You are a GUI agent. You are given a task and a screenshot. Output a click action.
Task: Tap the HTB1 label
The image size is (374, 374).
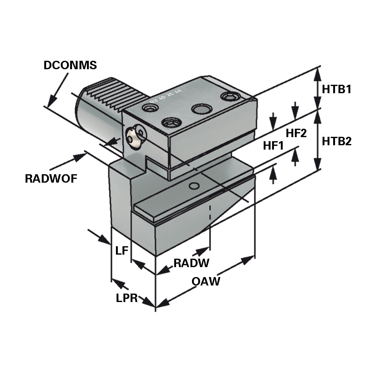point(337,89)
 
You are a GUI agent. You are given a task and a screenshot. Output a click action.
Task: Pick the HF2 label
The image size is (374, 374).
point(296,133)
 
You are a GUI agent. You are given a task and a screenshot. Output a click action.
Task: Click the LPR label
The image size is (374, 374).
point(127,298)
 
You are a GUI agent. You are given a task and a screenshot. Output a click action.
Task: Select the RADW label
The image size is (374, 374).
point(191,263)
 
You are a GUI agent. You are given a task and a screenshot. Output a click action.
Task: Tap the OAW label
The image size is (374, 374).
point(206,281)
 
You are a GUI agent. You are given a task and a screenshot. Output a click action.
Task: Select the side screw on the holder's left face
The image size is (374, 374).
point(136,137)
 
